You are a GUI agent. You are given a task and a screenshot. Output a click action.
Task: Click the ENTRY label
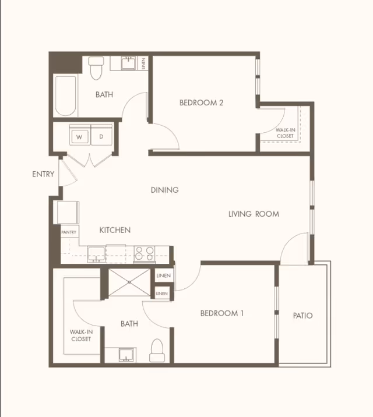coord(43,174)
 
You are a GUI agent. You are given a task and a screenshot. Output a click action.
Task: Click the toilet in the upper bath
coord(96,68)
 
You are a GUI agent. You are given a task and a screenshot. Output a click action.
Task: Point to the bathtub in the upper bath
coord(65,96)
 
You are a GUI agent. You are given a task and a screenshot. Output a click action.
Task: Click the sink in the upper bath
coord(129,63)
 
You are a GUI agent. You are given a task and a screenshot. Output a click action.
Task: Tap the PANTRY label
coord(69,232)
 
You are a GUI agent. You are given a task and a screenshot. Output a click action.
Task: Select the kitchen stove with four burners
coord(145,254)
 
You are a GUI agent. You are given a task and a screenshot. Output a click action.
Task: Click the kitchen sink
coord(96,254)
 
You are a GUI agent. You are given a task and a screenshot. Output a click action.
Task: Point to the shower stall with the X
coord(129,282)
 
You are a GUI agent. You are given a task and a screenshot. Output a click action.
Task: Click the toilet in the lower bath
coord(157,350)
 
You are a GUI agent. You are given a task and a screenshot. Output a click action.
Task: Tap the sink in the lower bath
coord(126,355)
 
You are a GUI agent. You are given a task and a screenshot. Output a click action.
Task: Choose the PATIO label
coord(302,316)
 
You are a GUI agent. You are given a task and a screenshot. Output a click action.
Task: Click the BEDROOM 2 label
coord(202,103)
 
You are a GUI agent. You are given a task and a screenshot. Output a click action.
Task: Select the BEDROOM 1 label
coord(222,313)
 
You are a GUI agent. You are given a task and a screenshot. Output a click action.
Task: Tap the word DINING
coord(165,190)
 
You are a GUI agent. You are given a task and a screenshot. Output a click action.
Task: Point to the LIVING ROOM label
coord(254,214)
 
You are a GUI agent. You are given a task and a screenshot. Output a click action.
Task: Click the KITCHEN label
coord(115,230)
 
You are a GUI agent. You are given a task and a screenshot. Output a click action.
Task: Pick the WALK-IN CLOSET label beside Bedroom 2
coord(285,133)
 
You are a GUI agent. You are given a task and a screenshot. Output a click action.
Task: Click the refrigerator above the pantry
coord(68,213)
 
